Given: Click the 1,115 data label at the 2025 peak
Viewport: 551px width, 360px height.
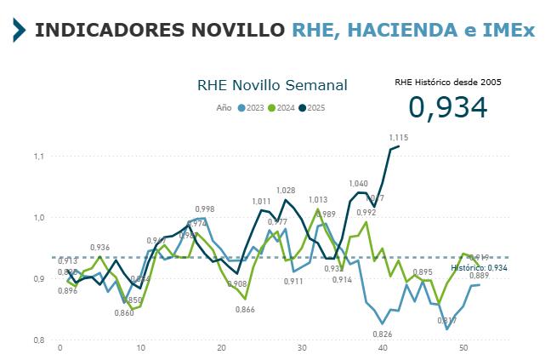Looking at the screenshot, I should click(x=399, y=137).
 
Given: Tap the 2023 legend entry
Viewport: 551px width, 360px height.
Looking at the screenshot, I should click(x=251, y=107).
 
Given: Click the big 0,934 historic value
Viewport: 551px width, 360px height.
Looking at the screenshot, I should click(x=447, y=107).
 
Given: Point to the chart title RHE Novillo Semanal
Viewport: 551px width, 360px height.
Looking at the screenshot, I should click(x=272, y=85).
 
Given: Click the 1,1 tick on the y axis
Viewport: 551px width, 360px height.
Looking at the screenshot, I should click(x=38, y=157).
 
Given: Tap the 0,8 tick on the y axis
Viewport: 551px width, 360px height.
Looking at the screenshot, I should click(x=38, y=340).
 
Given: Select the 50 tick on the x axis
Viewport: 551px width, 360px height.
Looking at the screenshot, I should click(x=463, y=348).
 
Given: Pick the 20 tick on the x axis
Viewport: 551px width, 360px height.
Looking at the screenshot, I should click(x=221, y=348).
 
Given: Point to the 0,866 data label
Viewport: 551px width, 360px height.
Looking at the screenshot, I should click(x=245, y=310).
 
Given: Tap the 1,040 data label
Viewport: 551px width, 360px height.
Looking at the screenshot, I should click(x=358, y=184).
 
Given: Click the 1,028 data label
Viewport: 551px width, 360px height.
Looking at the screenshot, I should click(x=286, y=191).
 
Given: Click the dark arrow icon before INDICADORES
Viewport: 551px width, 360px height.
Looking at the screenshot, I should click(x=19, y=31).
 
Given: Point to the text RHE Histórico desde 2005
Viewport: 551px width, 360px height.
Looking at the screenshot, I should click(x=448, y=83).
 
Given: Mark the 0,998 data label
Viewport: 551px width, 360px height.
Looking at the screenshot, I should click(x=204, y=209).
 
